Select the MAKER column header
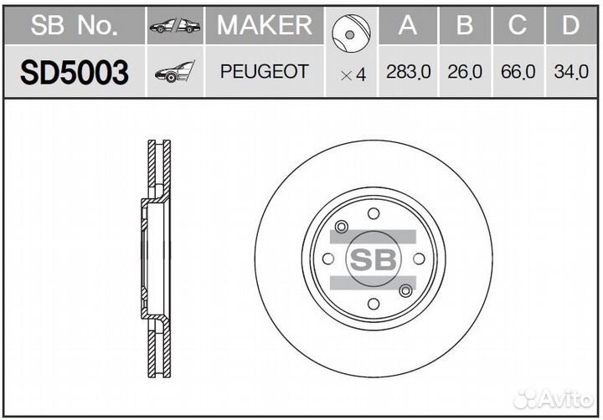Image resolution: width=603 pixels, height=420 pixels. tap(264, 26)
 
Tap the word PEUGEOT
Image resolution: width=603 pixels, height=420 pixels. tap(264, 73)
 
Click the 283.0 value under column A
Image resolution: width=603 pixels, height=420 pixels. tap(408, 73)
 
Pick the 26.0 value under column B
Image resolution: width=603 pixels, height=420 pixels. tap(465, 73)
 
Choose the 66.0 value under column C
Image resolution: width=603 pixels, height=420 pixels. tap(518, 73)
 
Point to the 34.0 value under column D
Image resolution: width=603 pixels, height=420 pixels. tap(570, 73)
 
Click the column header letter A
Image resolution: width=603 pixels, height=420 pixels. tap(408, 26)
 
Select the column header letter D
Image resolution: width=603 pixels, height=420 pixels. tap(570, 26)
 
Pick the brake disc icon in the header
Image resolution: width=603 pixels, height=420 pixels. tap(351, 31)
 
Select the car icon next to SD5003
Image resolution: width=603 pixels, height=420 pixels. tap(174, 73)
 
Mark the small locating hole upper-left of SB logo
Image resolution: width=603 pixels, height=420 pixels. tap(340, 228)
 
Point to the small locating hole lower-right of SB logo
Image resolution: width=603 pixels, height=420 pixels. tap(405, 290)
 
